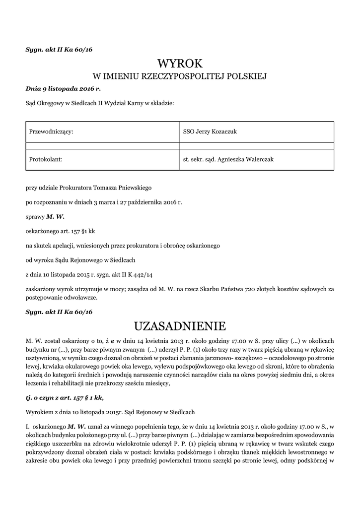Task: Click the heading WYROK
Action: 180,63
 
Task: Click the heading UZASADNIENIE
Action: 180,326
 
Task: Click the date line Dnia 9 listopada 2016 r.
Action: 63,89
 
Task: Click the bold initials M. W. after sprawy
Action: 56,217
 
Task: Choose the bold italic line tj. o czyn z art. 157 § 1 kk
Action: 65,398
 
